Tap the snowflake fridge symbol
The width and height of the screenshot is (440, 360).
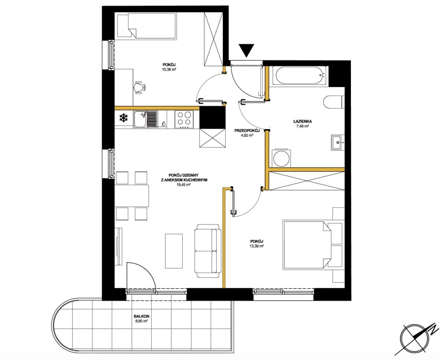123,118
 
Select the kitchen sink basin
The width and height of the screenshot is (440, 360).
140,119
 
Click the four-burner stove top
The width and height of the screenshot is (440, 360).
184,119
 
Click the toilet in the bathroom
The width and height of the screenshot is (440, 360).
334,102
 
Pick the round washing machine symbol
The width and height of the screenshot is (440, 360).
281,158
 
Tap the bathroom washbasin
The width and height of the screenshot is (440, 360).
338,142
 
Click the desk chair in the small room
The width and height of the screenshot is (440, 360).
140,87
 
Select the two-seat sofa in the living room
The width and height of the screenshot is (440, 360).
208,251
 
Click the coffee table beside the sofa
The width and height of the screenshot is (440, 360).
173,251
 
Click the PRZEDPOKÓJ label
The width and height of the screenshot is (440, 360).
247,131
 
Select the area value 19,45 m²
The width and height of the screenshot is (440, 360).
184,185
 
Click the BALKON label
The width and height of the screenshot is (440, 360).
142,316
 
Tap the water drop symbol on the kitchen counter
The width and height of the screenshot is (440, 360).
164,124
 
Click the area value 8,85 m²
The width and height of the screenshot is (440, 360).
142,321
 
